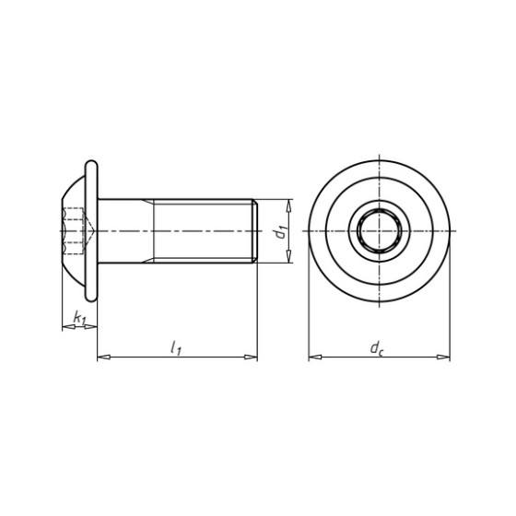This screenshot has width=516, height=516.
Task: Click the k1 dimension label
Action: [x=79, y=318]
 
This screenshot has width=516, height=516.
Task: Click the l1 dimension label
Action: [x=176, y=348]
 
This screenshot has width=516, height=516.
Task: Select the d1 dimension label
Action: [x=281, y=231]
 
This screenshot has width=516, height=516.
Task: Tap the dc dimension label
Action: [x=377, y=348]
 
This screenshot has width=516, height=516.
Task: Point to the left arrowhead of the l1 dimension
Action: [x=103, y=358]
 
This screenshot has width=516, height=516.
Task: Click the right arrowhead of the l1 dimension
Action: [x=251, y=358]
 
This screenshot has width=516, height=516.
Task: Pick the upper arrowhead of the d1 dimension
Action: [x=288, y=205]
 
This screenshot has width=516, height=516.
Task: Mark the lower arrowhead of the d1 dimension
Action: [x=288, y=256]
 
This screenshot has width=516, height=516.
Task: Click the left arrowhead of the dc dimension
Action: [x=315, y=358]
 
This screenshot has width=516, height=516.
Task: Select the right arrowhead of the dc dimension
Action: [x=443, y=358]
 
